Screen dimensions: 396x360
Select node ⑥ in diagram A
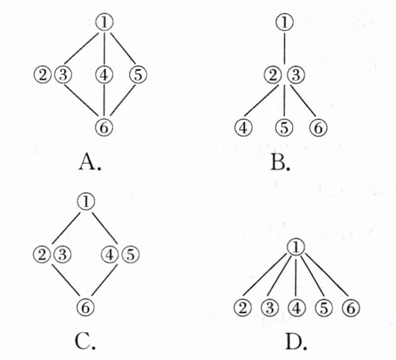coord(105,126)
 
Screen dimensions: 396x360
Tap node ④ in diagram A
coord(105,75)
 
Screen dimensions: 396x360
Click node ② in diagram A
coord(43,75)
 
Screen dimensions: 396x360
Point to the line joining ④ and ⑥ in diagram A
coord(105,100)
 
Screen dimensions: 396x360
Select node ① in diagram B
coord(285,23)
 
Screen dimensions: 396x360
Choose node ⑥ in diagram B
coord(318,127)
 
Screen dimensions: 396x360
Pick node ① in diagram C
coord(86,202)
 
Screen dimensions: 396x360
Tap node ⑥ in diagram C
coord(86,307)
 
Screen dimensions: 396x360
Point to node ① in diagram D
coord(296,246)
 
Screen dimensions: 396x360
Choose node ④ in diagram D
coord(296,308)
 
